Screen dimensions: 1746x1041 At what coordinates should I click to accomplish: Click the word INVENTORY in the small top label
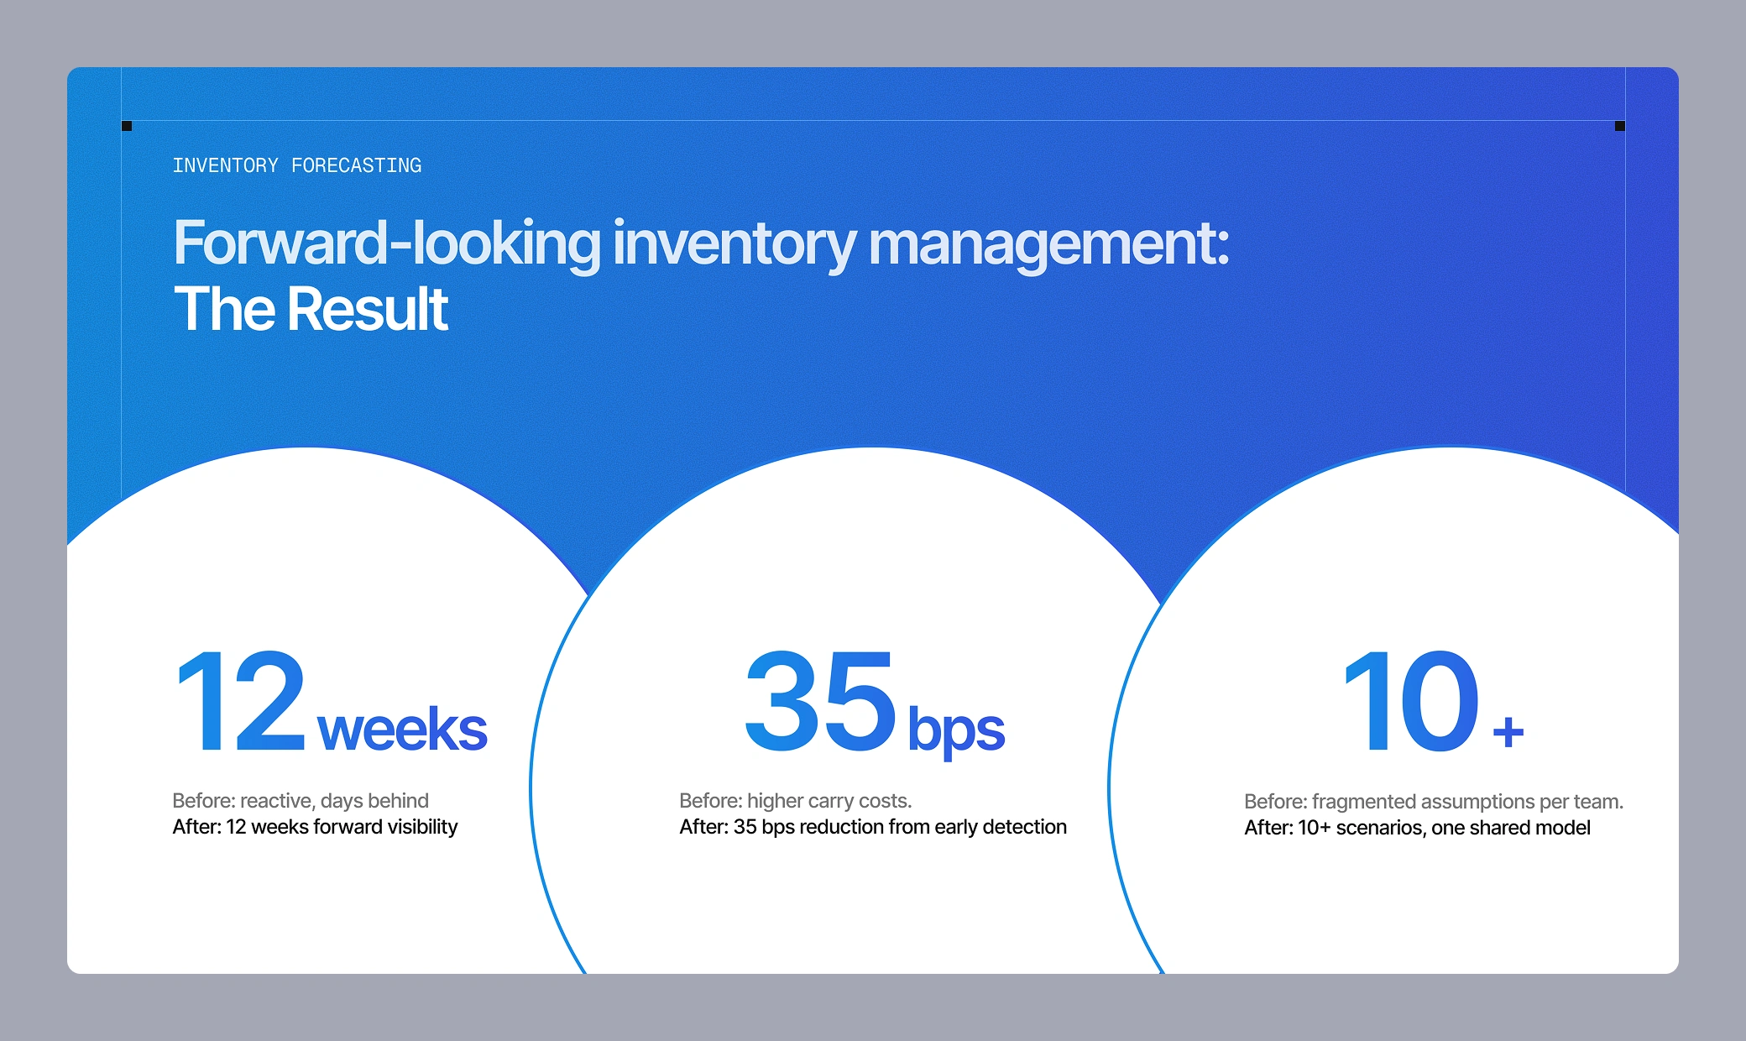[225, 165]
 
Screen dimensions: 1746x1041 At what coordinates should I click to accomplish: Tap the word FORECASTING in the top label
[357, 165]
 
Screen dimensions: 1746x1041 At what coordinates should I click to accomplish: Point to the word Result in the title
[368, 309]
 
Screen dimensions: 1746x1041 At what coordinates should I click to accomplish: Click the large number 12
[241, 702]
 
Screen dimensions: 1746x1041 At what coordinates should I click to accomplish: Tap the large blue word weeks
[403, 729]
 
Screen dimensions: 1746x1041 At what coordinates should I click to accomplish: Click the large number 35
[821, 702]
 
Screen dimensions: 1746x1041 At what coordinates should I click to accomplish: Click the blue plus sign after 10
[1508, 731]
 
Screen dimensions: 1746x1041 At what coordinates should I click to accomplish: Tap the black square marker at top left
[127, 126]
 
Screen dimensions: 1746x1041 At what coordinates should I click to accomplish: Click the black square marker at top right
[1620, 126]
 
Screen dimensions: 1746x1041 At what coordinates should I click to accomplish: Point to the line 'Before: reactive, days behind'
[301, 801]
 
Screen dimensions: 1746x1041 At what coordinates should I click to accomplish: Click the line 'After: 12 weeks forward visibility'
[315, 827]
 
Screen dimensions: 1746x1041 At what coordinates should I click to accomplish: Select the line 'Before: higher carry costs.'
[796, 801]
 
